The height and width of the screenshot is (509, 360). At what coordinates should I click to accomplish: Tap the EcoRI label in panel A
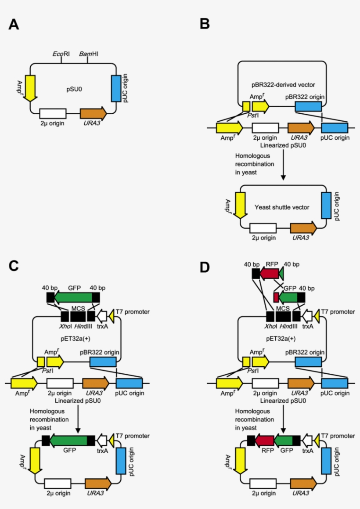[61, 54]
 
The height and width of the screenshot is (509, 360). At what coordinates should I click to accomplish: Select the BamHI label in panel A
[88, 54]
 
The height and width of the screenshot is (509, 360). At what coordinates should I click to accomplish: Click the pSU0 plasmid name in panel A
[73, 89]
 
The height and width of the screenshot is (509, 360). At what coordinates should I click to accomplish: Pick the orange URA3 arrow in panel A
[93, 113]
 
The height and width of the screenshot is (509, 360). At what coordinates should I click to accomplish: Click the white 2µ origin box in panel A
[53, 113]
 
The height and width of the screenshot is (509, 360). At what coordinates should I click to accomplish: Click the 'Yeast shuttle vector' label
[281, 206]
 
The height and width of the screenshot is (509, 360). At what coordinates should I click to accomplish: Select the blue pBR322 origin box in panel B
[308, 106]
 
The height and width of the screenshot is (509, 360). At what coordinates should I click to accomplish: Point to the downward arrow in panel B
[283, 166]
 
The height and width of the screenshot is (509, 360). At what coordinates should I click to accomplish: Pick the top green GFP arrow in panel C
[73, 297]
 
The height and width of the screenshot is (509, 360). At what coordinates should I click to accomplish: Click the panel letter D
[205, 266]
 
